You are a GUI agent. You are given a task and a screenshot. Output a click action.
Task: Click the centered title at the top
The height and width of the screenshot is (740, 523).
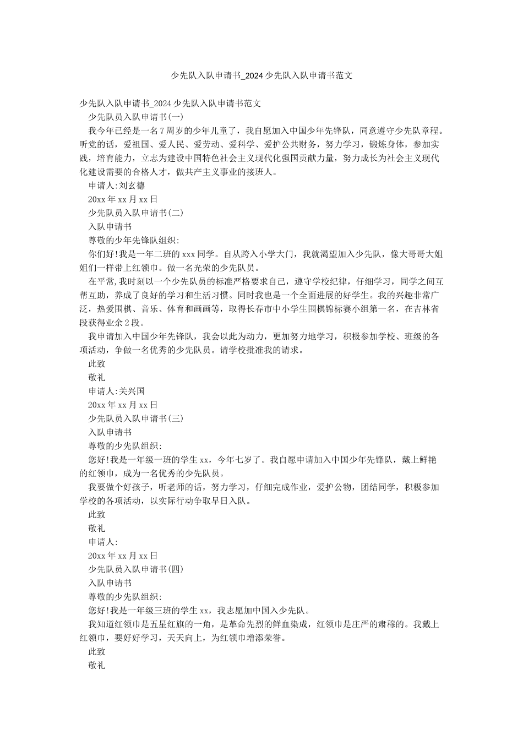tap(261, 75)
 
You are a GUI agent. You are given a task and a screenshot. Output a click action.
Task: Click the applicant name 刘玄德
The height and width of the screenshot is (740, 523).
tap(132, 186)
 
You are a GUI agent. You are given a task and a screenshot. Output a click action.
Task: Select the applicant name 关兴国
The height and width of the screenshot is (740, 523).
tap(132, 391)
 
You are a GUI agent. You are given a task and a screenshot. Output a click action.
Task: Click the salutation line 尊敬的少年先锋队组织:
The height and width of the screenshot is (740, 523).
tap(134, 240)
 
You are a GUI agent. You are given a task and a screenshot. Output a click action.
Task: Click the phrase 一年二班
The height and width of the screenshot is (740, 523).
tap(164, 254)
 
